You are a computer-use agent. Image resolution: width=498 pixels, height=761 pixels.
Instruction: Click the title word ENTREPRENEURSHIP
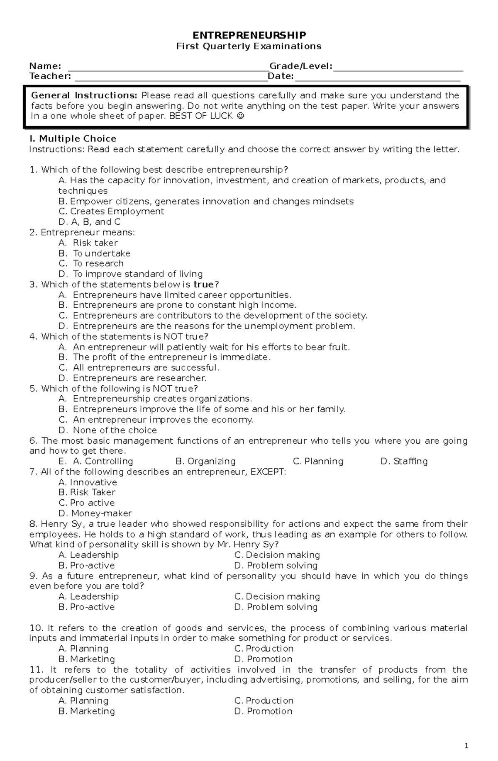tap(249, 35)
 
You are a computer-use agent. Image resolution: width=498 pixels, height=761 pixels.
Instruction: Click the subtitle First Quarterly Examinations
tap(249, 46)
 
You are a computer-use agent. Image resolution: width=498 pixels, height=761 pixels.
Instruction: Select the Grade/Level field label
tap(301, 66)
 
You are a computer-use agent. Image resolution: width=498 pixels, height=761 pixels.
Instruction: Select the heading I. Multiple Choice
tap(73, 139)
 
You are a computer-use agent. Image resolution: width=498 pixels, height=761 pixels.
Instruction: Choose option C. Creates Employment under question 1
tap(111, 212)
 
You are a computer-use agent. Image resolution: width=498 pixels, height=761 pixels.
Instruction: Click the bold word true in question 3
tap(203, 284)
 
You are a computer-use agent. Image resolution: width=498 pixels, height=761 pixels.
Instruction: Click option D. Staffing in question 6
tap(404, 462)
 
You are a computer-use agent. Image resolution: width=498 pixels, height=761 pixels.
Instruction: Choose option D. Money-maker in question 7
tap(95, 513)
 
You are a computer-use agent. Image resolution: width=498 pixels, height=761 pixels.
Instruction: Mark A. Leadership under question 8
tap(88, 555)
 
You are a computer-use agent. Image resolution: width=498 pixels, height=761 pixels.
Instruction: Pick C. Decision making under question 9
tap(277, 597)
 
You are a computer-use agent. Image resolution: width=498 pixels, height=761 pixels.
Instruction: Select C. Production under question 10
tap(264, 649)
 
